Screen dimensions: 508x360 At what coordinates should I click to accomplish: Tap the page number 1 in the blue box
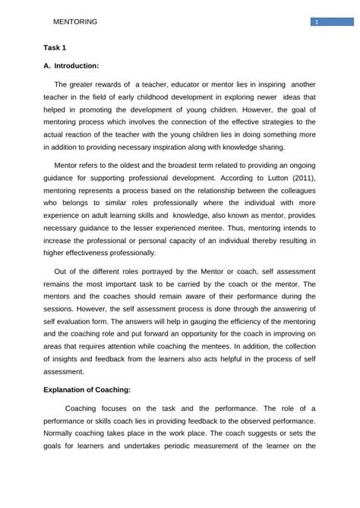click(315, 22)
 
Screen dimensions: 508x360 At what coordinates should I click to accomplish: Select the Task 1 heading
click(55, 47)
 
